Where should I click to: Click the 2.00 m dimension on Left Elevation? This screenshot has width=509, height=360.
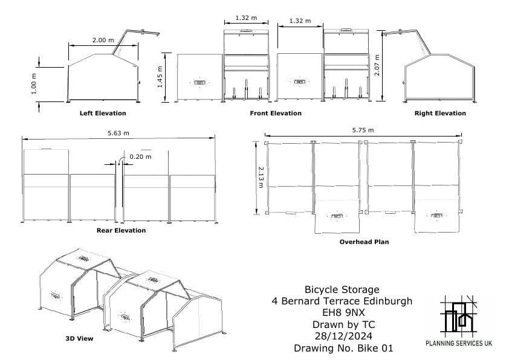103,40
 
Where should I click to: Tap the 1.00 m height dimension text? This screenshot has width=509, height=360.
34,84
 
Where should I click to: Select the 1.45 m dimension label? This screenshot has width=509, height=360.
160,77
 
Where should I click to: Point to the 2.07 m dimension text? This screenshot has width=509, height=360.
377,65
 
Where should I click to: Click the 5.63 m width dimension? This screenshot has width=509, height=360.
118,133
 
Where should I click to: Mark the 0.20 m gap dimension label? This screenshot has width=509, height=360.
141,156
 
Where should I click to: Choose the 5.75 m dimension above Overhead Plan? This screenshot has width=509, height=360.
363,130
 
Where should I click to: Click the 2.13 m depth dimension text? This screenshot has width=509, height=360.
261,178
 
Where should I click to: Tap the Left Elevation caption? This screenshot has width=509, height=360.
103,113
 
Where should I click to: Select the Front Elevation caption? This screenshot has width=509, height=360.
276,113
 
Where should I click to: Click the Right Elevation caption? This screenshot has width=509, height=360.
440,113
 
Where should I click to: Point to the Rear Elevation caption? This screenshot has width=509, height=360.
121,230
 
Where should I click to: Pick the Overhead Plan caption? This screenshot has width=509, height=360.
365,242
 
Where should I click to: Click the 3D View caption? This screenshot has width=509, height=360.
79,338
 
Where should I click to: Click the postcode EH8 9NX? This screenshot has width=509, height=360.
343,312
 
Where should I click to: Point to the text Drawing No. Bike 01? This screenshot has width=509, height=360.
343,348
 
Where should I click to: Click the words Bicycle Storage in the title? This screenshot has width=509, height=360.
342,289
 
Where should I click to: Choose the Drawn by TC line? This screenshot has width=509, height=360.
343,324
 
